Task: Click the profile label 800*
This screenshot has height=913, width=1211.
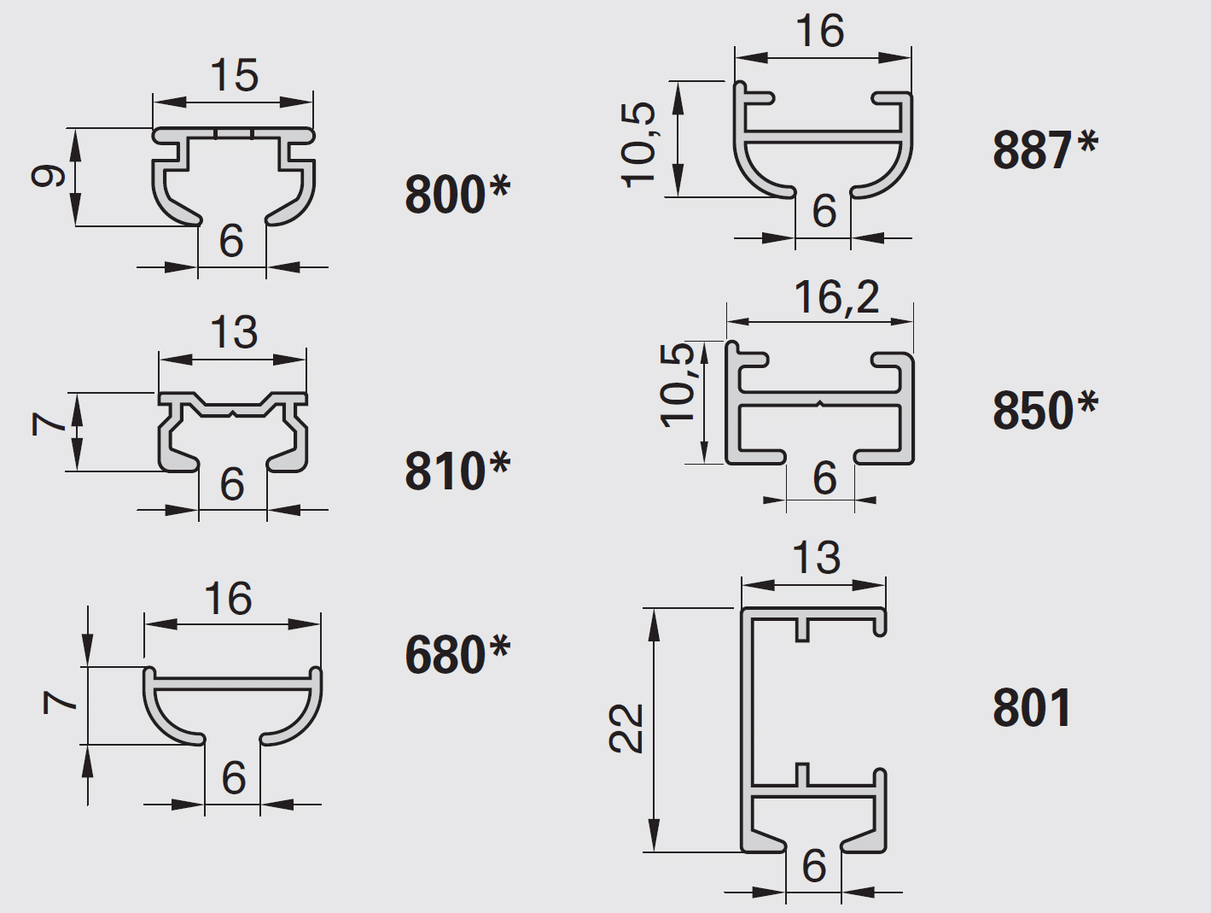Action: pos(458,195)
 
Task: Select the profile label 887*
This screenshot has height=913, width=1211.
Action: pos(1045,149)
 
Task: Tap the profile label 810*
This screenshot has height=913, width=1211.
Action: pos(458,471)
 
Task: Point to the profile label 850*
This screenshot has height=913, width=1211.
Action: pos(1045,410)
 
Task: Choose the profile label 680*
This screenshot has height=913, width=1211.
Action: pos(458,655)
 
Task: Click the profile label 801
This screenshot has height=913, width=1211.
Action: pos(1032,708)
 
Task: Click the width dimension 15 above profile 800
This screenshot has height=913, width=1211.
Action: pos(234,75)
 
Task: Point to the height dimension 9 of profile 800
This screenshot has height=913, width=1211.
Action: pos(48,177)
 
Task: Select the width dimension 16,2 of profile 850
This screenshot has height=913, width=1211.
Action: pos(836,298)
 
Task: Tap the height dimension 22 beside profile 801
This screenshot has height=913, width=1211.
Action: pos(626,729)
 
